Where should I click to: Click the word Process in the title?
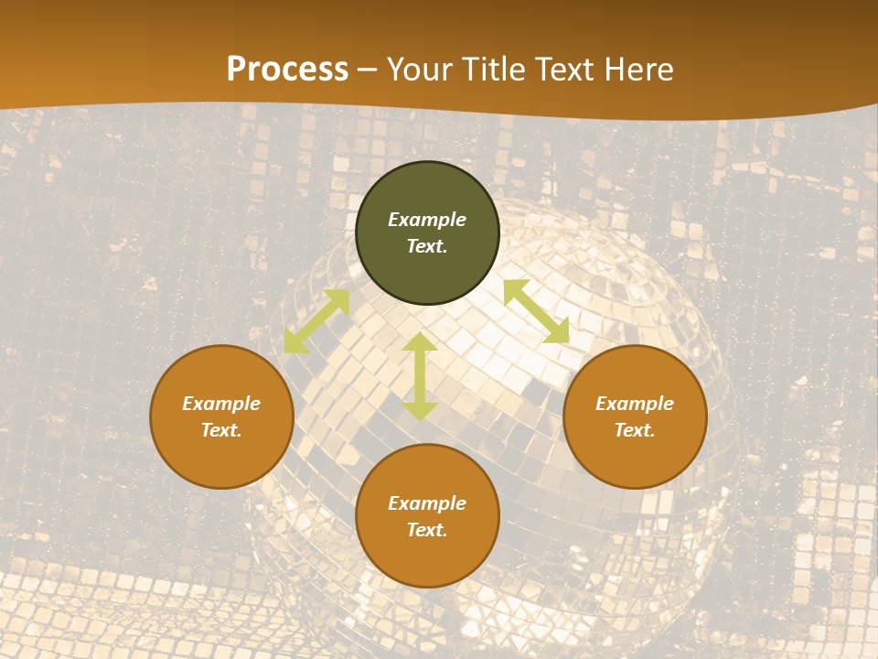tap(287, 70)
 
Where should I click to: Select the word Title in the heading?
tap(497, 70)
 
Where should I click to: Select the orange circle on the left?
tap(221, 458)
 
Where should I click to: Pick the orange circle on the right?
tap(635, 458)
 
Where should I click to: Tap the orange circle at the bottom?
tap(427, 558)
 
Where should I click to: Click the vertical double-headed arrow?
tap(420, 376)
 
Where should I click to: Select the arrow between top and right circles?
tap(536, 311)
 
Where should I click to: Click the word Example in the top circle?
tap(427, 220)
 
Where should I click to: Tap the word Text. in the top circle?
tap(427, 246)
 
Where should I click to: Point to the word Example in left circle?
tap(221, 404)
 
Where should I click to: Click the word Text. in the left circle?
tap(221, 430)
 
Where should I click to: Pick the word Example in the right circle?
tap(635, 404)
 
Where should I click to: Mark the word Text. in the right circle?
tap(635, 430)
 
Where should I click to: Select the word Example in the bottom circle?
tap(427, 503)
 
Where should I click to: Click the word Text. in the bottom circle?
tap(427, 530)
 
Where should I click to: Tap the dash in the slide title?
tap(368, 70)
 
